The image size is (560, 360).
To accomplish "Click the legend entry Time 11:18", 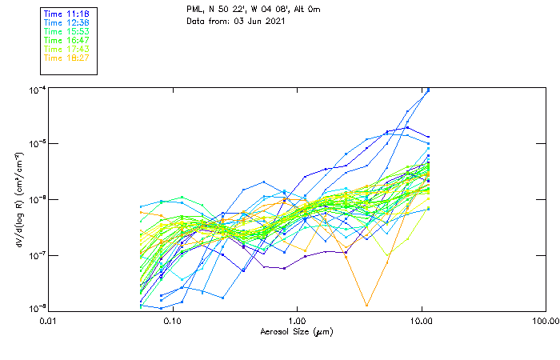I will click(x=66, y=14).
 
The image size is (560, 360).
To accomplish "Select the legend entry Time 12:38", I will click(x=66, y=23).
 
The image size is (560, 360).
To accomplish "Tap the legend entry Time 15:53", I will click(x=66, y=32).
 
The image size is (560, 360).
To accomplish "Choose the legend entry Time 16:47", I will click(x=66, y=40).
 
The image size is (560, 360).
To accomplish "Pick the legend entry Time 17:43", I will click(x=66, y=49).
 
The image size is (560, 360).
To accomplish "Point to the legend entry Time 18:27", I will click(x=66, y=58).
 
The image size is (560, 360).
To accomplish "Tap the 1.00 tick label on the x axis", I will click(x=297, y=322).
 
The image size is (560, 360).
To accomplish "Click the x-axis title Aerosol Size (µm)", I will click(x=296, y=331).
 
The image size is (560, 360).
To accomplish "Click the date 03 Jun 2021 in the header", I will click(x=253, y=20).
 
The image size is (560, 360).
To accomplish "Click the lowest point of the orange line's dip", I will click(x=366, y=306).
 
